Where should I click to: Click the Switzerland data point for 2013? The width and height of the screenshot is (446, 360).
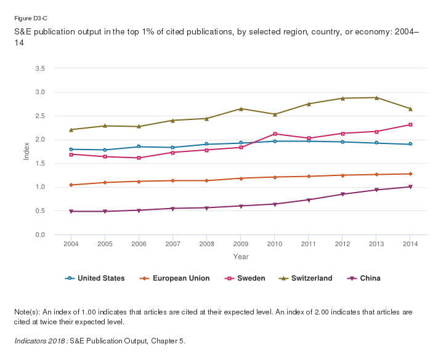[376, 97]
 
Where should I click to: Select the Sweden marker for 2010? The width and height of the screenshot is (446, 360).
[274, 134]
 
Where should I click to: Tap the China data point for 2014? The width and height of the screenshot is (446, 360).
[410, 186]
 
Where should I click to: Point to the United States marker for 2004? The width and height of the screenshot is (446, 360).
[71, 149]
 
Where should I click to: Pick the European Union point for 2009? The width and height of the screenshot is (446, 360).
[240, 178]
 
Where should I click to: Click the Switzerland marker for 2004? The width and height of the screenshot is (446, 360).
[71, 129]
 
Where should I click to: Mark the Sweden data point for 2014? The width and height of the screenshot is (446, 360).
[410, 124]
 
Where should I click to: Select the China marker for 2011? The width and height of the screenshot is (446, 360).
[308, 199]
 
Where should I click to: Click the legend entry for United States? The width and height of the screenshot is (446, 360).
[95, 278]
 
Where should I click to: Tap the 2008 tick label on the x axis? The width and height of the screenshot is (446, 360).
[206, 244]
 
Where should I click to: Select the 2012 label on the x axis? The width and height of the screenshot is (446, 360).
[342, 244]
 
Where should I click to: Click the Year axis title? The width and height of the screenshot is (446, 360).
[241, 256]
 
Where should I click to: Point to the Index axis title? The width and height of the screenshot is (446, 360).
[26, 151]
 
